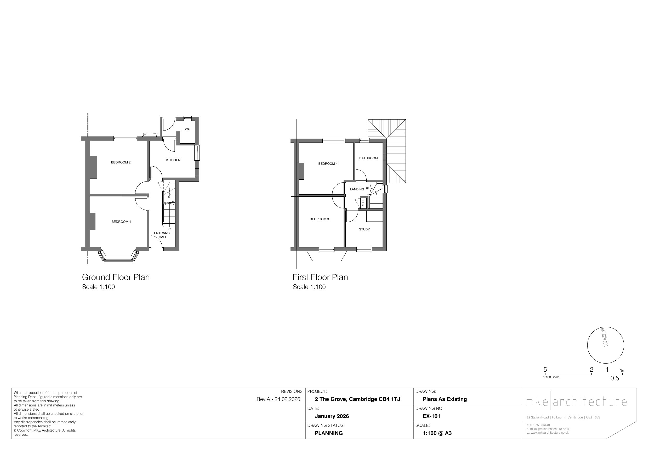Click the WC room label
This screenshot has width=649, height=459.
pos(187,129)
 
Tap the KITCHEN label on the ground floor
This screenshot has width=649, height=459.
pos(173,160)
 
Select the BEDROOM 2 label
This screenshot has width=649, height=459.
pos(121,162)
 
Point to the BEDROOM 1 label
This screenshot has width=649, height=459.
pos(121,222)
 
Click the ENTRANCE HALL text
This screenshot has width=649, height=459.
pos(163,235)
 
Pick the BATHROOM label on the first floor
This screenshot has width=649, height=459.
pos(368,158)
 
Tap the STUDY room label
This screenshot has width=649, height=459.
pos(364,229)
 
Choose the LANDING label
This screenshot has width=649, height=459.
pos(357,189)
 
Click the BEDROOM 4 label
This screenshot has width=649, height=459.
pos(328,164)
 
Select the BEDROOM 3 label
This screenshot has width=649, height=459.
pos(320,219)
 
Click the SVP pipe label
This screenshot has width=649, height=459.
pos(146,134)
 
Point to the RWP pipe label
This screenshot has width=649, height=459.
pos(154,134)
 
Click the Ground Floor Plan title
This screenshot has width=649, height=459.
pos(116,277)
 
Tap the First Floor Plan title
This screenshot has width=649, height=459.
pos(320,277)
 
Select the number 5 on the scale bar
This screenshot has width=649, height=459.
pos(545,370)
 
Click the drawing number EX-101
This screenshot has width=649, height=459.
pos(431,416)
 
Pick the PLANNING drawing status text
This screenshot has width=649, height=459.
pos(329,433)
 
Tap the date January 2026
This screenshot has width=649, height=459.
pos(332,416)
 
